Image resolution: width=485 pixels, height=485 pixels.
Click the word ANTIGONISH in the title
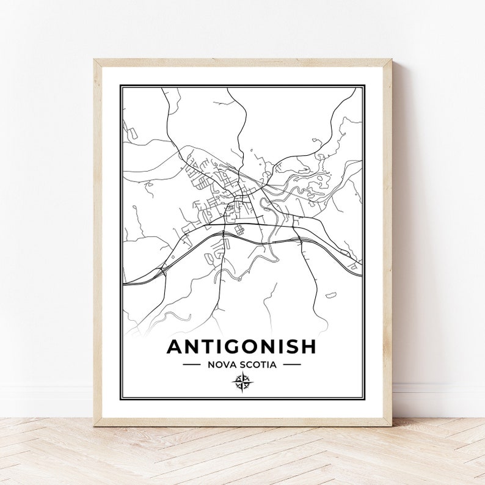click(242, 346)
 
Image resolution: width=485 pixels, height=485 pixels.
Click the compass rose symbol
click(242, 382)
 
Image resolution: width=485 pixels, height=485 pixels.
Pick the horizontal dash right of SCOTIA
click(292, 365)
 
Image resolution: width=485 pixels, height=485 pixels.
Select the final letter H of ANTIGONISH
click(309, 346)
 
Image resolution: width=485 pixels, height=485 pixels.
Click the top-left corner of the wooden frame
click(95, 60)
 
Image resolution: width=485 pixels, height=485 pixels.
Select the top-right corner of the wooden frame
click(391, 60)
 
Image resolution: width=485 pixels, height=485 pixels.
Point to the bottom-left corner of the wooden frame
click(95, 425)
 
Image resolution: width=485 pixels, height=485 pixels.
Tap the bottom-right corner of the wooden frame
click(391, 425)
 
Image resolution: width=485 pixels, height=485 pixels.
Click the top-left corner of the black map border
click(121, 86)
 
